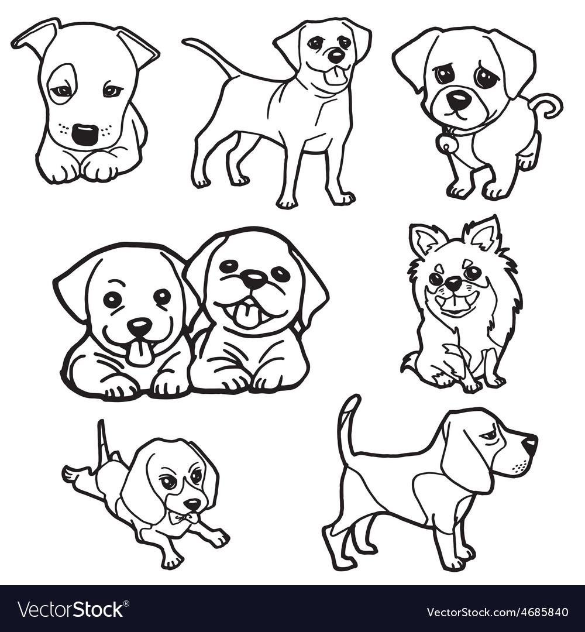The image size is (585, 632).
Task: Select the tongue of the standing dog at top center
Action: (x=335, y=75)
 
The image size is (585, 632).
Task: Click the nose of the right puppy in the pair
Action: (x=253, y=278)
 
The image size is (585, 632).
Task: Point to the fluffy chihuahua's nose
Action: (x=453, y=284)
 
